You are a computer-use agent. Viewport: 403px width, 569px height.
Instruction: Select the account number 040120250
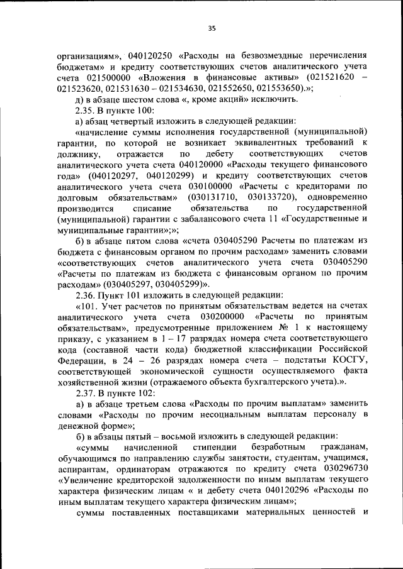pyautogui.click(x=152, y=55)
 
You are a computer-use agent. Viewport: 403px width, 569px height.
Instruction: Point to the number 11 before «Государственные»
pyautogui.click(x=272, y=219)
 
